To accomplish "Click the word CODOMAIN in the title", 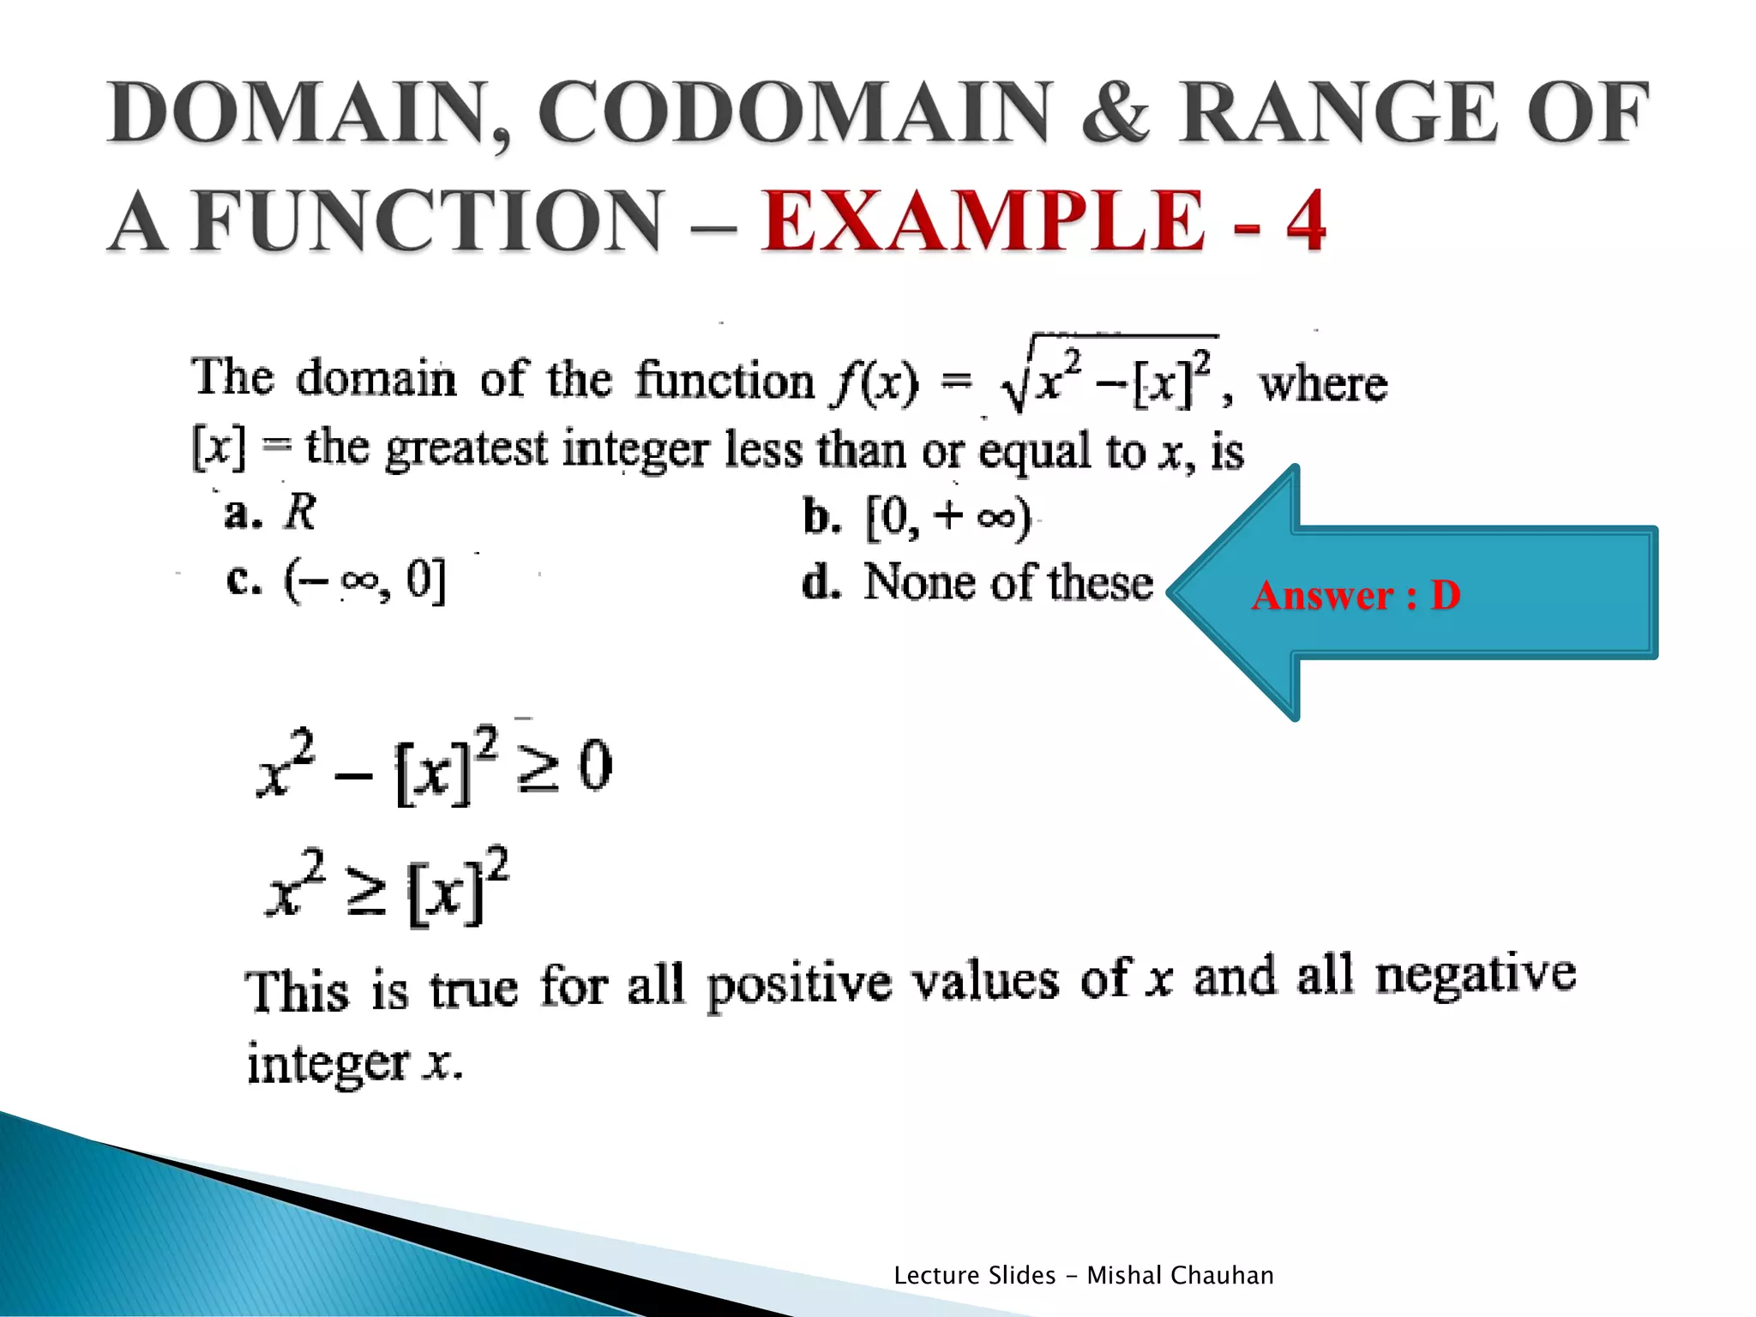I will (793, 113).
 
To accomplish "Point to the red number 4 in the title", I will (1305, 221).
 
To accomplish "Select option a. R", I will (271, 513).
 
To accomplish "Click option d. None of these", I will (977, 583).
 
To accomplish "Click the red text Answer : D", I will (1356, 595).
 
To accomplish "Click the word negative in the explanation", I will (1475, 975).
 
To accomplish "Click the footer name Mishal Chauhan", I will (1180, 1276).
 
